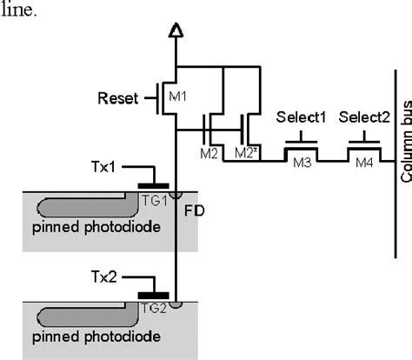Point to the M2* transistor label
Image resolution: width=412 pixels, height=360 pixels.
pyautogui.click(x=245, y=154)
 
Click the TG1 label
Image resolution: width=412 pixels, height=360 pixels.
pyautogui.click(x=153, y=199)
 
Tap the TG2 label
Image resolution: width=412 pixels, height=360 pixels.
pyautogui.click(x=153, y=307)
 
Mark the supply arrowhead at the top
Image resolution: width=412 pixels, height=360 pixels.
pyautogui.click(x=177, y=33)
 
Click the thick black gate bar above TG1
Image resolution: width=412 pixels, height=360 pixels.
pyautogui.click(x=153, y=185)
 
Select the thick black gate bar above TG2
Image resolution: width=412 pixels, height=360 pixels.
pyautogui.click(x=153, y=294)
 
